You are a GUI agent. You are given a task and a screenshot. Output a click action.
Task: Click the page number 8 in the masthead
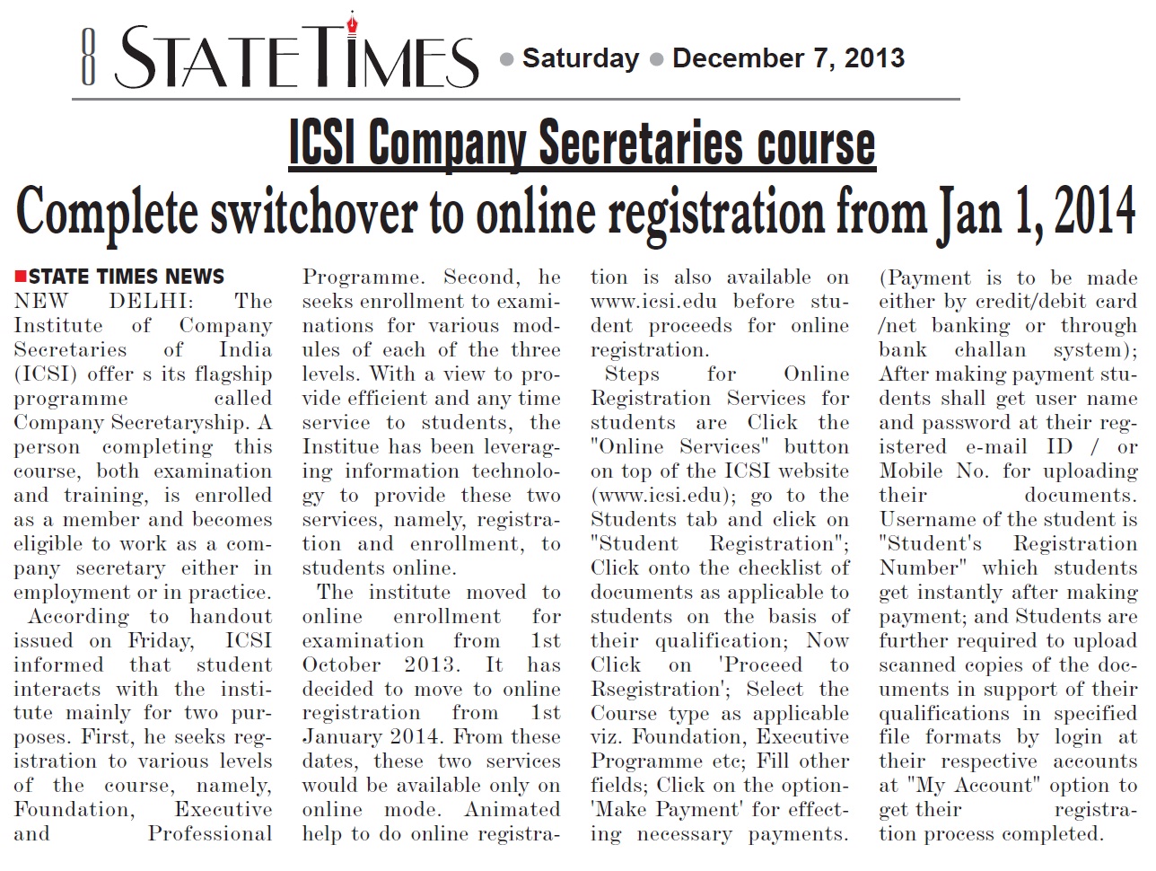coord(88,57)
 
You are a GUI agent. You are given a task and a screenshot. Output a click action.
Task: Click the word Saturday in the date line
coord(580,58)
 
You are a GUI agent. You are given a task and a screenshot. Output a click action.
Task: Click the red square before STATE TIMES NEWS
coord(21,276)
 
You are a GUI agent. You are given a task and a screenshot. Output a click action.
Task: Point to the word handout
coord(231,616)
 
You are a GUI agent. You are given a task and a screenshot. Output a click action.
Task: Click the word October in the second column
coord(341,664)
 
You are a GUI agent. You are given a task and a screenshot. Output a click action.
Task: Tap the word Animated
coord(512,809)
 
